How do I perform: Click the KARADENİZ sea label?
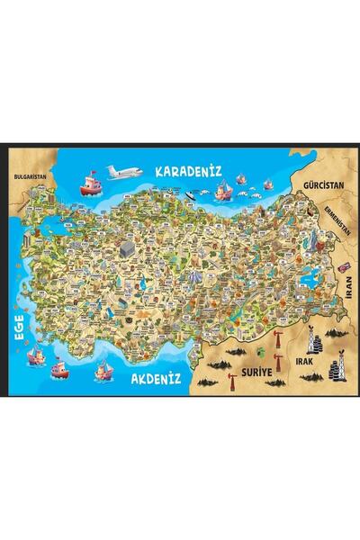tap(188, 170)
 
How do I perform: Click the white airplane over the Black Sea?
tap(123, 171)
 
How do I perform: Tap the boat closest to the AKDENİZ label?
tap(103, 369)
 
